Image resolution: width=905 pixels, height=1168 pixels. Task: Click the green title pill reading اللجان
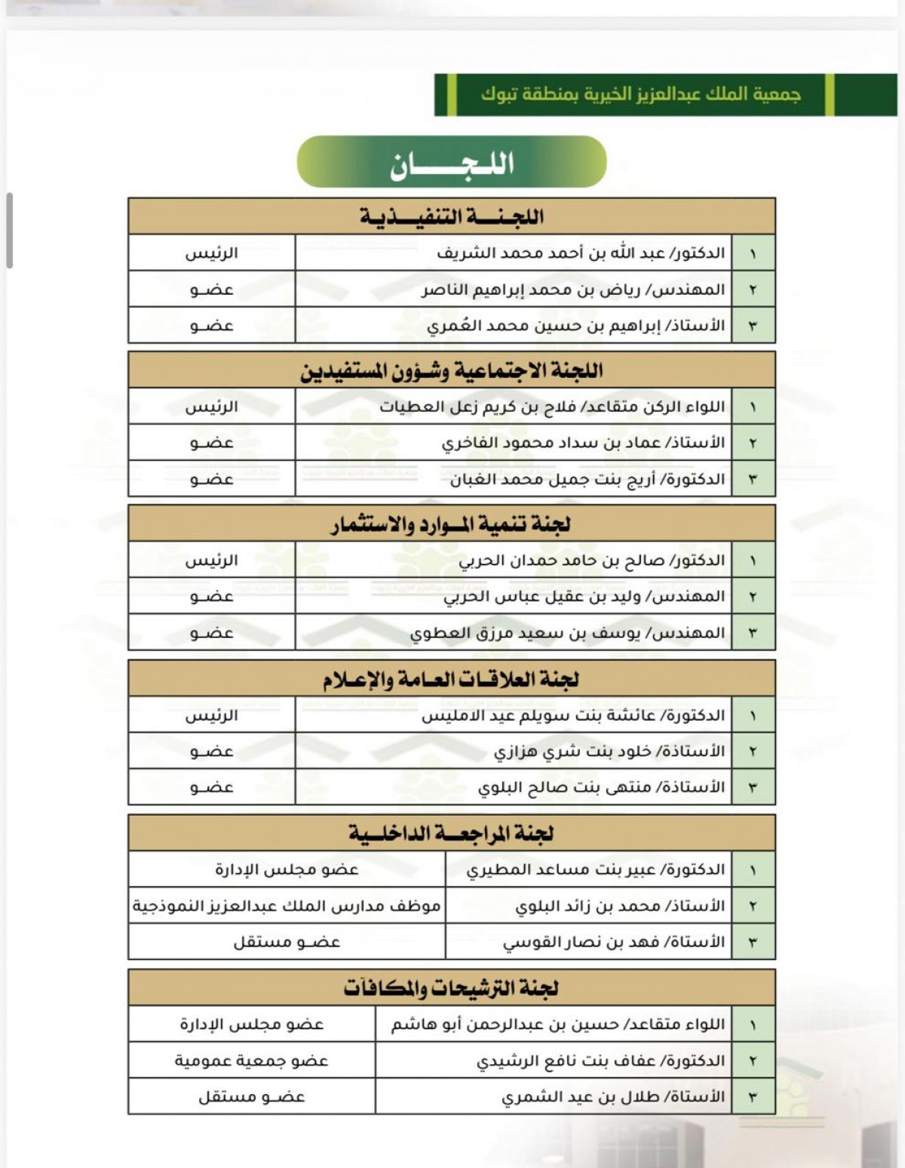452,162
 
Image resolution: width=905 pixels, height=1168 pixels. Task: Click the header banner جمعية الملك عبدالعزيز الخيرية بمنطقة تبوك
641,94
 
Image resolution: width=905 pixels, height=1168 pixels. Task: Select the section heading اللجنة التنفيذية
452,216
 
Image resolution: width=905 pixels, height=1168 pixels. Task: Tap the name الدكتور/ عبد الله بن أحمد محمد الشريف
581,253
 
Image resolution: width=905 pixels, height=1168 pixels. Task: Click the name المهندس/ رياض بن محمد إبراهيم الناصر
573,290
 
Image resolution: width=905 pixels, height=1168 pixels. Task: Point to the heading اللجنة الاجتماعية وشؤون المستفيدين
452,370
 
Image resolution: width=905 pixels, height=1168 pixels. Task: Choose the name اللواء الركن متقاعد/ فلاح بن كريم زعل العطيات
552,406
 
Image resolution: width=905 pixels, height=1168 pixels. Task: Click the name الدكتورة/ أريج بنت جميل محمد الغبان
587,479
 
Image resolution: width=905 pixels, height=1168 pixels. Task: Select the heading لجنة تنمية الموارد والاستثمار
452,524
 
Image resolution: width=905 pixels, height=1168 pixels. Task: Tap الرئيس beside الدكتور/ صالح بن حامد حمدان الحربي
212,560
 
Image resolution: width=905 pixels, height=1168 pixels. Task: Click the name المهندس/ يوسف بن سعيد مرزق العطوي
567,633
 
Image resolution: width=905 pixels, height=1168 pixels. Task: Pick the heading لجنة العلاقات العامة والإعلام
452,679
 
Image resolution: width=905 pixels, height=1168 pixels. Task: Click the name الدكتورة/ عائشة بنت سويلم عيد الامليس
573,715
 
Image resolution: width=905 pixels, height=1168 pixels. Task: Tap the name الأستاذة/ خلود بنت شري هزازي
609,751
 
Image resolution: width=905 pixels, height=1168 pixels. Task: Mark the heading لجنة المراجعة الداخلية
452,833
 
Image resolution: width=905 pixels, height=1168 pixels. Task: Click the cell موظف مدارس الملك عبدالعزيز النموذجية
287,906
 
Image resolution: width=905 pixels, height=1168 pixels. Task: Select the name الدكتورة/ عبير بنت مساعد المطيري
596,869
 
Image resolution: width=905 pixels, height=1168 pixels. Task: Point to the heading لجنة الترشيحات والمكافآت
452,988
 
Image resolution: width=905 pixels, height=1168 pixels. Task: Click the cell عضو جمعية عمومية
252,1061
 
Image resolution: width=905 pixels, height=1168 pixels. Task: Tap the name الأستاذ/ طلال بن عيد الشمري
613,1097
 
